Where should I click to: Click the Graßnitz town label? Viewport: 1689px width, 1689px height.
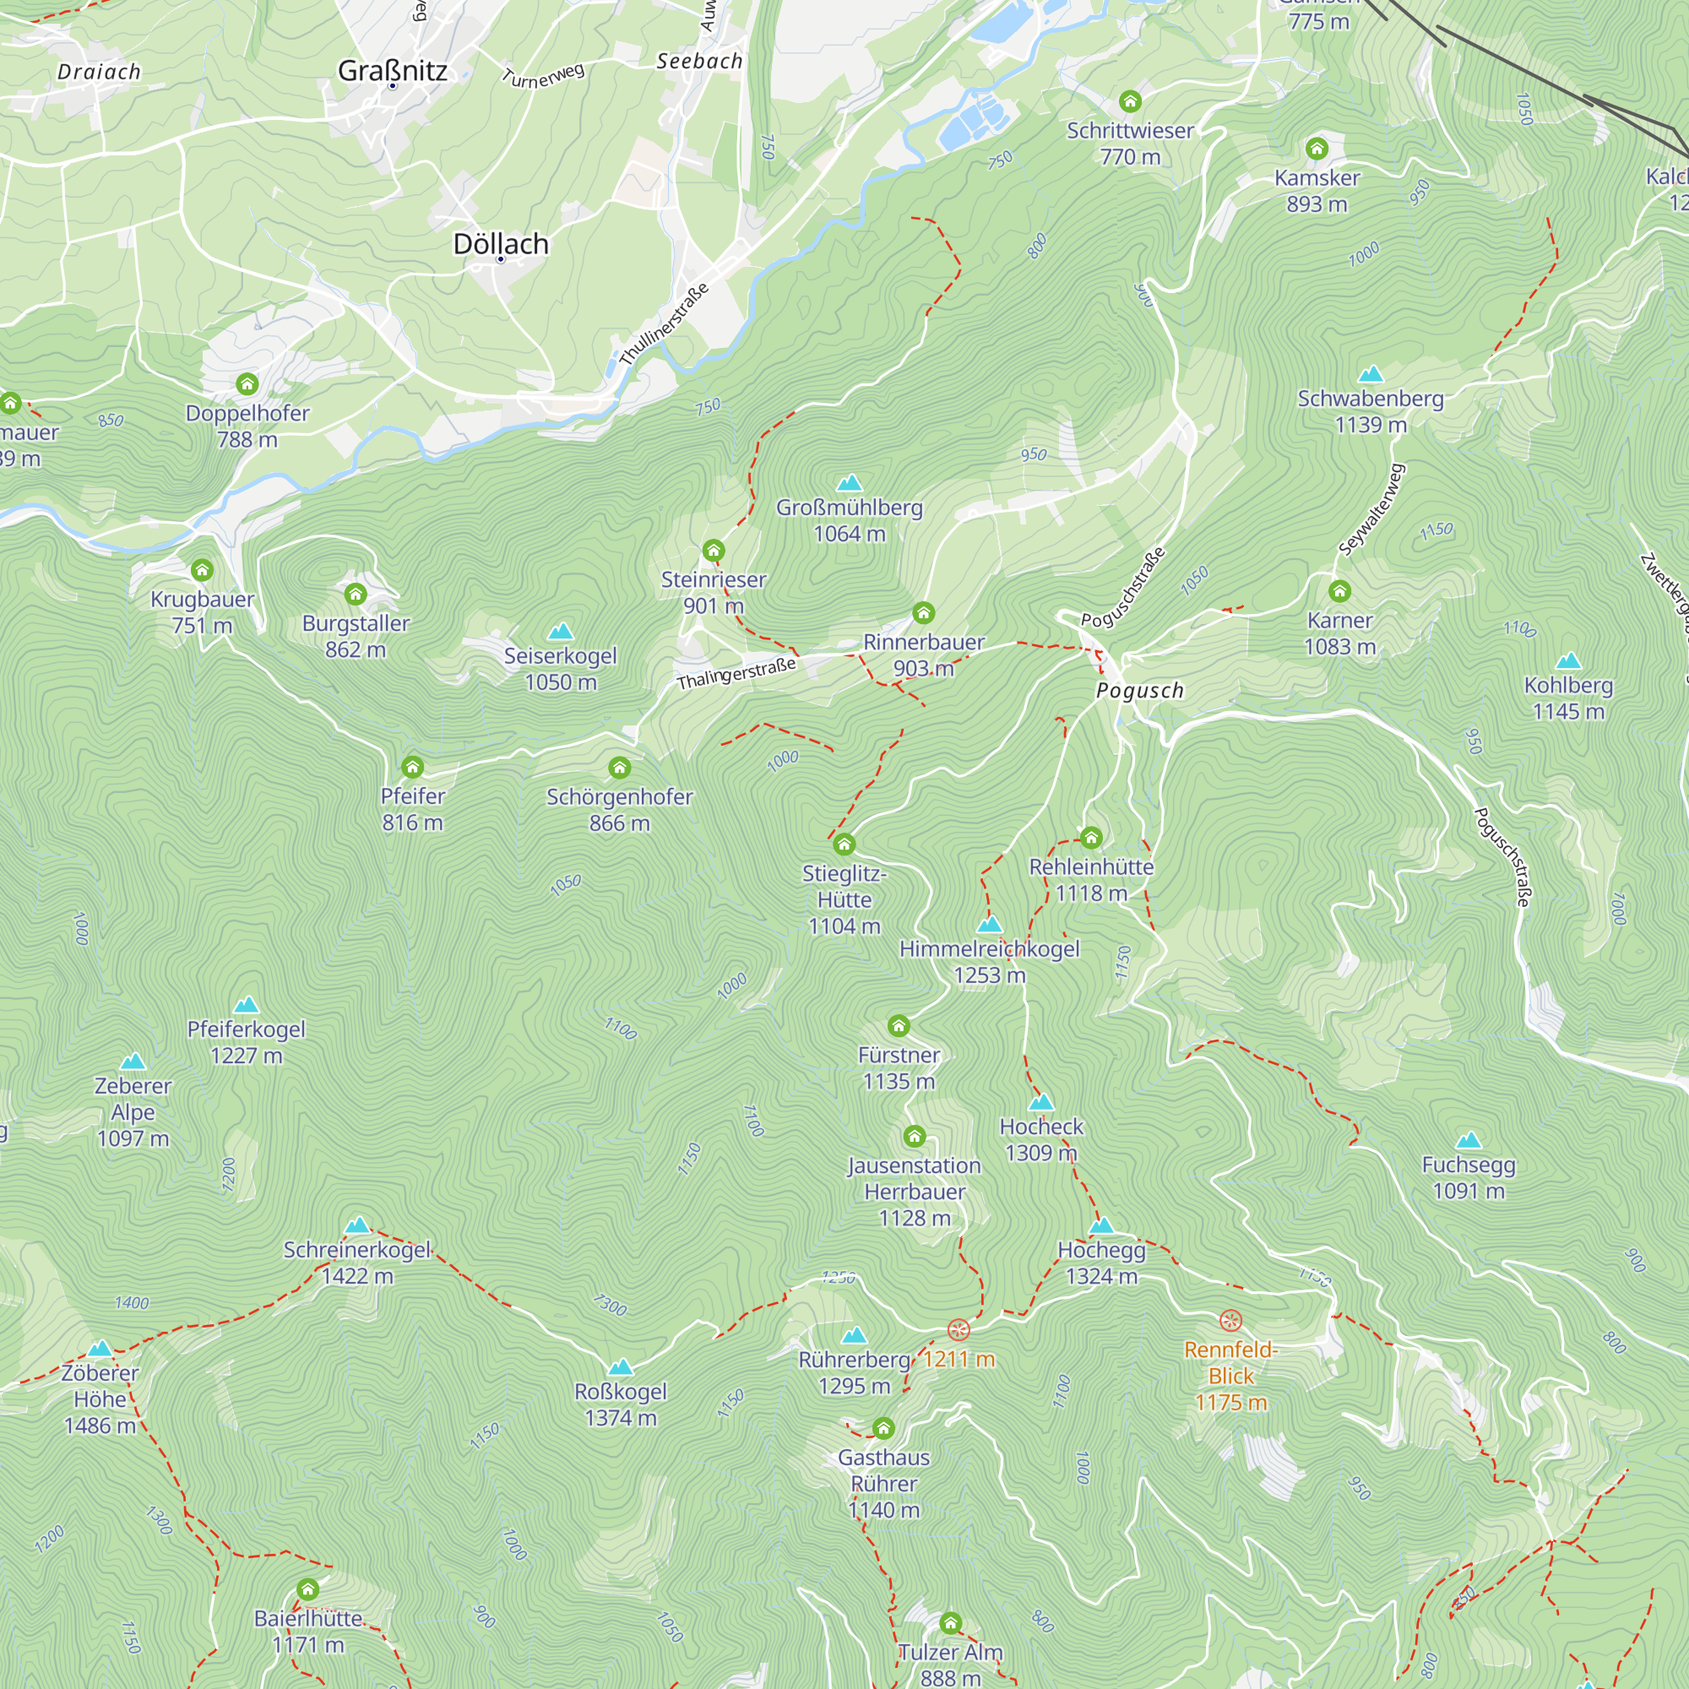[393, 71]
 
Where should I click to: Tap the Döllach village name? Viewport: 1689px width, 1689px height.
[501, 244]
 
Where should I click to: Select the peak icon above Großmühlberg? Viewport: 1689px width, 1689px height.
[849, 483]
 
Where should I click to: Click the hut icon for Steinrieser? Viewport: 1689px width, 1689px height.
[714, 551]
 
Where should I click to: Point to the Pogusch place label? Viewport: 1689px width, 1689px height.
[1140, 691]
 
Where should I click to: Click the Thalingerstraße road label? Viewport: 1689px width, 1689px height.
[736, 673]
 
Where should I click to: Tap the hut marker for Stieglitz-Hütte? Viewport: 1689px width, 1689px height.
[844, 844]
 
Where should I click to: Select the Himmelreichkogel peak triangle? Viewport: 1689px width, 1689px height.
[989, 925]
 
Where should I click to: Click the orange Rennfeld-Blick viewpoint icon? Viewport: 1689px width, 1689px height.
[1230, 1320]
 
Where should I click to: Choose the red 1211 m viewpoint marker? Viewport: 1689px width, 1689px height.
[959, 1331]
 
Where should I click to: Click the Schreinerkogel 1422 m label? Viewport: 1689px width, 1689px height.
[356, 1263]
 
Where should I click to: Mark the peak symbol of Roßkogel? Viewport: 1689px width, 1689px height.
[620, 1367]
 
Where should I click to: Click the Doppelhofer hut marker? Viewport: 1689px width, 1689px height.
[247, 383]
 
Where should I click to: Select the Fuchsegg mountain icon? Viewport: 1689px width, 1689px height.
[1469, 1140]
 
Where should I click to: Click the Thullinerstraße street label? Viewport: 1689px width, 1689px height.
[664, 325]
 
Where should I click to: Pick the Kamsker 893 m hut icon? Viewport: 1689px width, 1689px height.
[1317, 149]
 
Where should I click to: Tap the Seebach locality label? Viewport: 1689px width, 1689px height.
[699, 61]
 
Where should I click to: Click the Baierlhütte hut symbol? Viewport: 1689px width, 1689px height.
[307, 1589]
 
